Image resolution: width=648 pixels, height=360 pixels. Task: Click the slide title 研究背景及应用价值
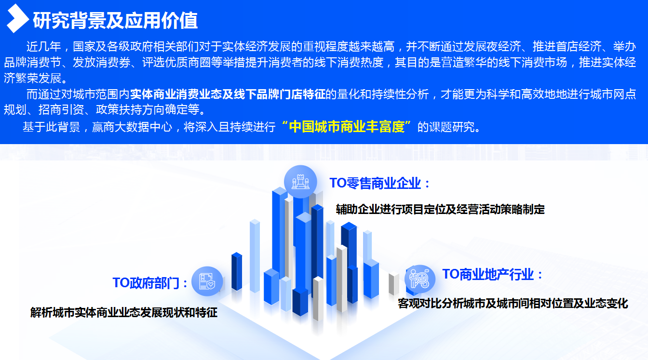click(115, 21)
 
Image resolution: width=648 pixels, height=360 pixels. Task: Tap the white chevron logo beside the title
click(17, 18)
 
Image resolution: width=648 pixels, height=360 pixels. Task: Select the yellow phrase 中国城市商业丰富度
click(347, 127)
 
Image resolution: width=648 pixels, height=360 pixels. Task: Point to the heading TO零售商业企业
click(375, 183)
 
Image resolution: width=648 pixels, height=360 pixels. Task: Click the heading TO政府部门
click(146, 283)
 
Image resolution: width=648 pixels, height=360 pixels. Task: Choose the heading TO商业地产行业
click(488, 274)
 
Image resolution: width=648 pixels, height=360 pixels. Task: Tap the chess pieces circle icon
click(300, 182)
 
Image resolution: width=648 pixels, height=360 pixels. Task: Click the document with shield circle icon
click(207, 281)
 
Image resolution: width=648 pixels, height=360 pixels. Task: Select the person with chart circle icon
click(420, 279)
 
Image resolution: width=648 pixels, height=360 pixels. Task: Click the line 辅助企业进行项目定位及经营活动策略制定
click(440, 209)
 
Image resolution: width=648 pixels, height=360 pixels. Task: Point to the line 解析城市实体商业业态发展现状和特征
click(124, 313)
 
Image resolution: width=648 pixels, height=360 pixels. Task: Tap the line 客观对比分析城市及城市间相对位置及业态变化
click(513, 303)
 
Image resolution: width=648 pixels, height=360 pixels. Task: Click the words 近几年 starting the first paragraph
click(44, 46)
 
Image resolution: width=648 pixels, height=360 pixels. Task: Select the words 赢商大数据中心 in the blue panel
click(132, 127)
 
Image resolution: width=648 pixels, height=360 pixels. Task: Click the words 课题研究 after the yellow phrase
click(452, 127)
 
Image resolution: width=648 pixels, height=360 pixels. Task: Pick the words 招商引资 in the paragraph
click(61, 109)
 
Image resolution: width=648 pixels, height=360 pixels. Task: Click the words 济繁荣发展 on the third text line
click(32, 78)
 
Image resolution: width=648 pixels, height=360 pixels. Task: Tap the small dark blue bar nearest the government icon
click(237, 271)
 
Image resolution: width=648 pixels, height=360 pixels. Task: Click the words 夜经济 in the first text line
click(504, 46)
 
